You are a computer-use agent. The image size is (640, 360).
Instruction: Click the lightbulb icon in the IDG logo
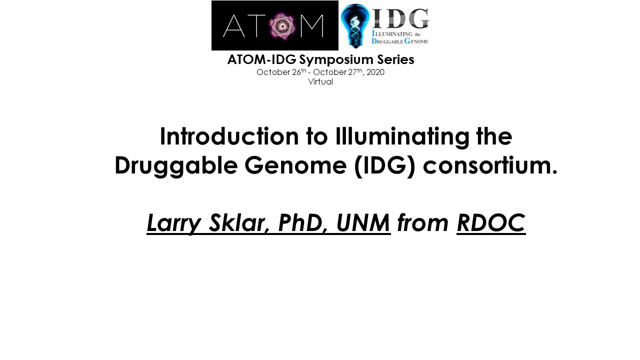tap(355, 25)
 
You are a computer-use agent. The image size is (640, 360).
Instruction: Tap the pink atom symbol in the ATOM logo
tap(282, 26)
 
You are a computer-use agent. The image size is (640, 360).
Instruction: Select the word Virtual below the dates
tap(320, 81)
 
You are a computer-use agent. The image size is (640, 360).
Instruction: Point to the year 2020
tap(375, 72)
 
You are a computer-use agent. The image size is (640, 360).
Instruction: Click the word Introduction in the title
tap(229, 136)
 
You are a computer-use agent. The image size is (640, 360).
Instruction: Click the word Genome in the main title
tap(295, 165)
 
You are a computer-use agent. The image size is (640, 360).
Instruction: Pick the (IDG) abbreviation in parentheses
tap(384, 166)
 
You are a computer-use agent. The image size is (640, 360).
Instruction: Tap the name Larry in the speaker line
tap(174, 223)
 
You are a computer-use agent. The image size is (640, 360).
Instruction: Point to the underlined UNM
tap(363, 223)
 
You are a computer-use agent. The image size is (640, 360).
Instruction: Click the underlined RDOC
tap(491, 223)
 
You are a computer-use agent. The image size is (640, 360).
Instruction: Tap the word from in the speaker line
tap(423, 223)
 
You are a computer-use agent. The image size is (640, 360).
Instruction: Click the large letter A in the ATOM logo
tap(233, 26)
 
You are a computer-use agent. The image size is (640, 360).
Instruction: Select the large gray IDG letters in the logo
tap(400, 18)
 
